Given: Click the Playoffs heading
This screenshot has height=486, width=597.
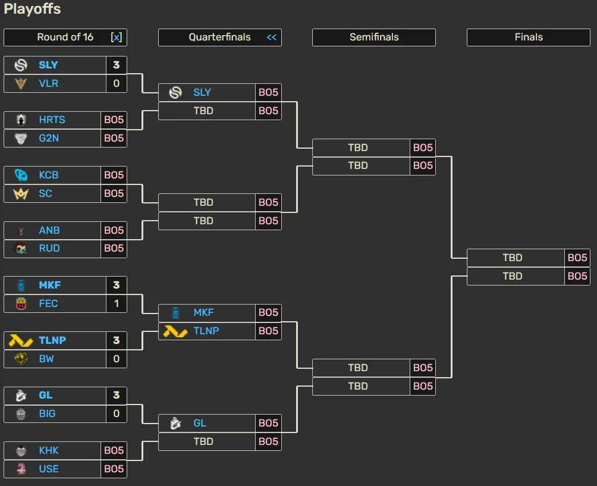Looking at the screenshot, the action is (32, 9).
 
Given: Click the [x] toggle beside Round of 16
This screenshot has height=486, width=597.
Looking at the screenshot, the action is (117, 37).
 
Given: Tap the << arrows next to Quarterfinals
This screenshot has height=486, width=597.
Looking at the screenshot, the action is (272, 37).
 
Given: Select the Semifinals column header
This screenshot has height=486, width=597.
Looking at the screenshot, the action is (374, 37).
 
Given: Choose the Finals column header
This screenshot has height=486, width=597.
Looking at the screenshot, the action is (529, 37).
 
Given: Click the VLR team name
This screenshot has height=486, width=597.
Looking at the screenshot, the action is (48, 83).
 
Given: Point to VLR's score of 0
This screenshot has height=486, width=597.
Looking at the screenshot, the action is (116, 83).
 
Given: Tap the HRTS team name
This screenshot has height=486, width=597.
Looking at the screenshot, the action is (52, 120).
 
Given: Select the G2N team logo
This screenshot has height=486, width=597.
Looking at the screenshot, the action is (21, 138).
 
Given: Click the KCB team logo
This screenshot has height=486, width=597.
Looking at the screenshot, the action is (21, 175).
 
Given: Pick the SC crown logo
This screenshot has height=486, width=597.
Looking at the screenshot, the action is (21, 193).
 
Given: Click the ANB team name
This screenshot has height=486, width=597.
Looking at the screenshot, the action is (49, 230).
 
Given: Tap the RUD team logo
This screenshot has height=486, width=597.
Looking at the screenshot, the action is (21, 249).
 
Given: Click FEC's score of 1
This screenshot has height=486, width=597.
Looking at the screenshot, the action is (116, 303).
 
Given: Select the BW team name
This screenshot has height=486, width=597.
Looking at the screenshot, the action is (46, 359).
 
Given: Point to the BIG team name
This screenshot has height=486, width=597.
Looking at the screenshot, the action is (47, 413).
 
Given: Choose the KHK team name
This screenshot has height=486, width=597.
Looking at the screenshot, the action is (49, 450).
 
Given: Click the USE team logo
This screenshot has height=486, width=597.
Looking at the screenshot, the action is (21, 469).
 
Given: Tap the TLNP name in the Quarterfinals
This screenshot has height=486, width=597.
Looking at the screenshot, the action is (206, 331).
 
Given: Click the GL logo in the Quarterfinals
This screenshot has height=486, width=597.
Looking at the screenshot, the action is (175, 423).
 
